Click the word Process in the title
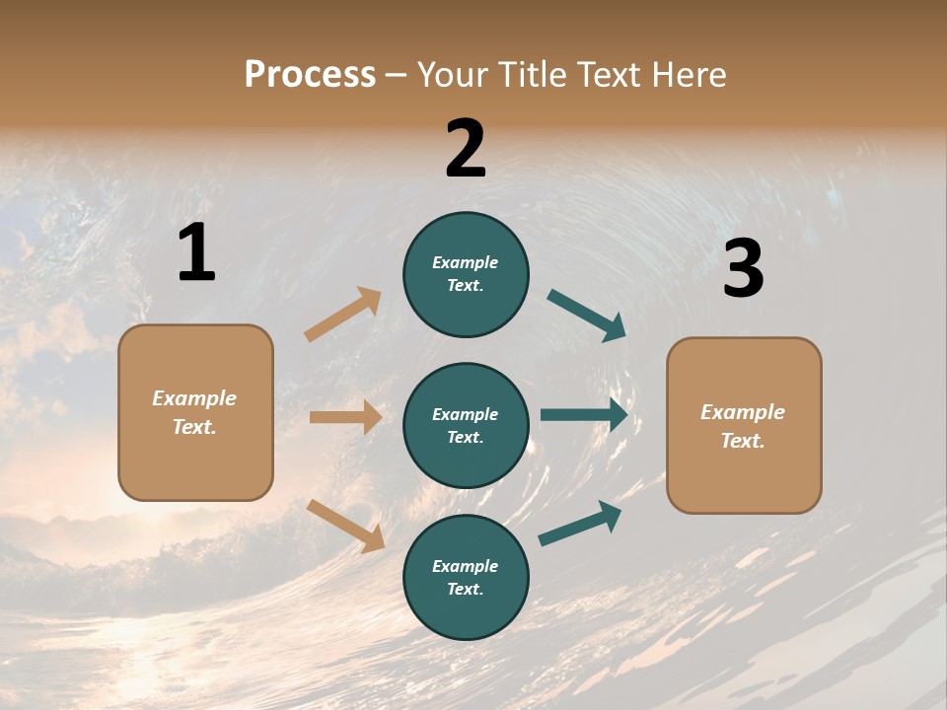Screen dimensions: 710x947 pos(310,74)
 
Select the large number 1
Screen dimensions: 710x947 pos(196,253)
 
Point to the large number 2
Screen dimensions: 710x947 pos(466,149)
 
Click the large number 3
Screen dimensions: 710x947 pos(743,269)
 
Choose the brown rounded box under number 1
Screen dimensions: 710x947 pos(195,412)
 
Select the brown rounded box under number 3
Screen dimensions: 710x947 pos(744,425)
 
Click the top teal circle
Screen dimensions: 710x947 pos(466,274)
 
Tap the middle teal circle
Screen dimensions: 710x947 pos(466,425)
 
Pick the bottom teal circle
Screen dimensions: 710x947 pos(466,577)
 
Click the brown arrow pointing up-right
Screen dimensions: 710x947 pos(343,314)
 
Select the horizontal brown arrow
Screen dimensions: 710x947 pos(345,417)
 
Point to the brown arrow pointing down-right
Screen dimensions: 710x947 pos(345,526)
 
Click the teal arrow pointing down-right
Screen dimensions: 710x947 pos(586,316)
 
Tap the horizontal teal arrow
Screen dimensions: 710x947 pos(584,415)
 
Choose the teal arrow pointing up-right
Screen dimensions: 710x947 pos(580,523)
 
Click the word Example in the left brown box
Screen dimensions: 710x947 pos(194,398)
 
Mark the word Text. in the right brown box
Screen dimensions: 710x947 pos(743,441)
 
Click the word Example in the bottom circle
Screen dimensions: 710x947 pos(466,566)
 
